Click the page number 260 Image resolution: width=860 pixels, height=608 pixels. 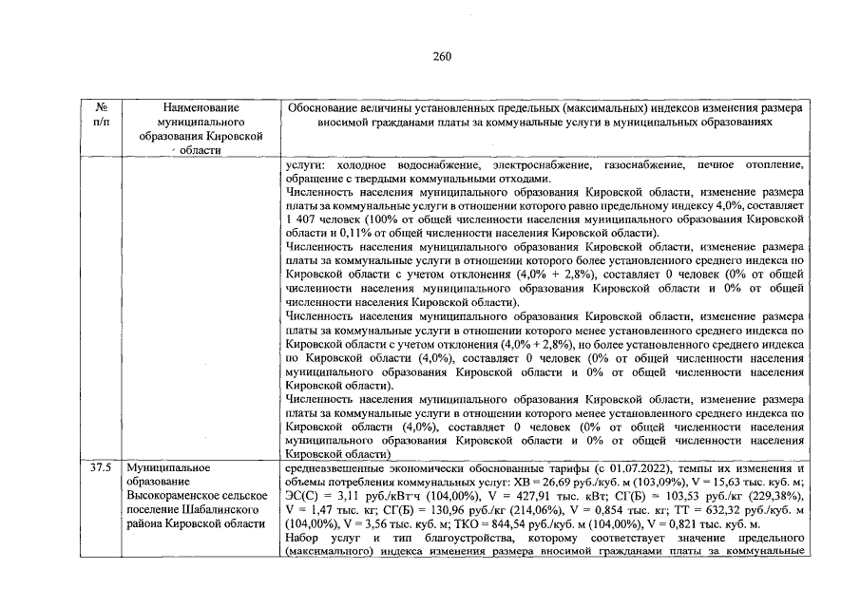[x=442, y=56]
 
